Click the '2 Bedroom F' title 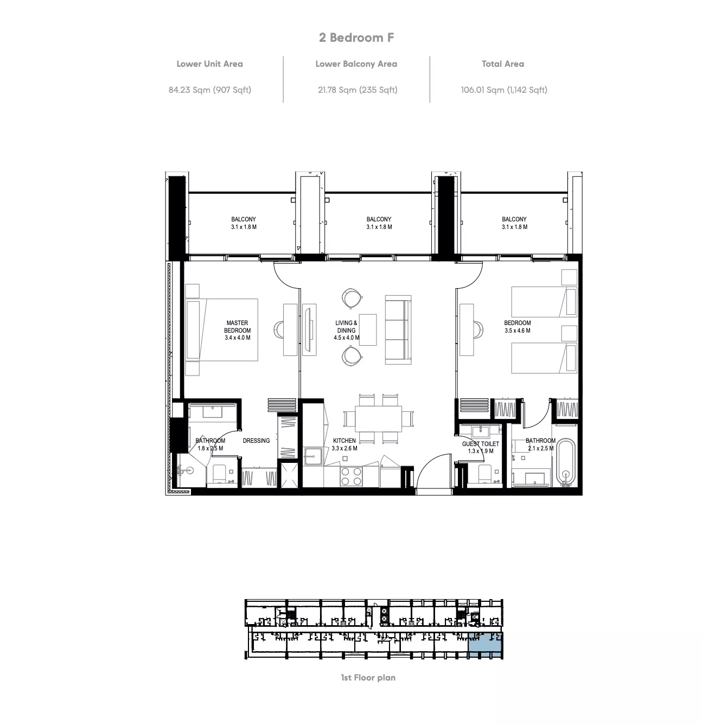pyautogui.click(x=356, y=37)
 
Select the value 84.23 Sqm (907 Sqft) pyautogui.click(x=209, y=90)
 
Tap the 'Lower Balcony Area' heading pyautogui.click(x=356, y=64)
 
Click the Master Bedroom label pyautogui.click(x=237, y=330)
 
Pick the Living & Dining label pyautogui.click(x=346, y=330)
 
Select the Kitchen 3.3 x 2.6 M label pyautogui.click(x=344, y=444)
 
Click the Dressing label pyautogui.click(x=256, y=440)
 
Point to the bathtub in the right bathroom pyautogui.click(x=566, y=463)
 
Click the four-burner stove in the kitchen pyautogui.click(x=351, y=476)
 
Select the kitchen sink pyautogui.click(x=313, y=456)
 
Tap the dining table pyautogui.click(x=378, y=419)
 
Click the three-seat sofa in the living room pyautogui.click(x=398, y=330)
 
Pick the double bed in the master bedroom pyautogui.click(x=222, y=330)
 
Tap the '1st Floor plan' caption pyautogui.click(x=368, y=677)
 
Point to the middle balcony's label pyautogui.click(x=379, y=223)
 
